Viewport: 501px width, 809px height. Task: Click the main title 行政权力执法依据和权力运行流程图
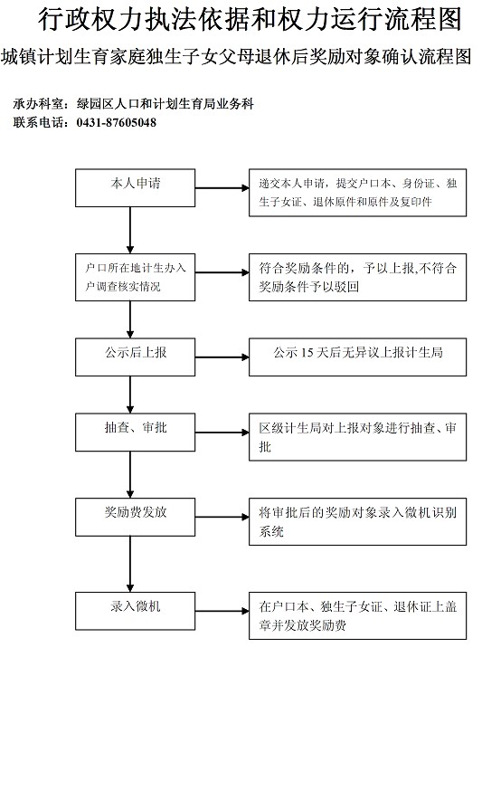tap(250, 20)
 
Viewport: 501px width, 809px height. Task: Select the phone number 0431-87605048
tap(117, 123)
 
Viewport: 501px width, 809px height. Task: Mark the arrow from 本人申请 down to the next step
tap(130, 230)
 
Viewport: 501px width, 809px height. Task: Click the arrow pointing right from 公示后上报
tap(222, 357)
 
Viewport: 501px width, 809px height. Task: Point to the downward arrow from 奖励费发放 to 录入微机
tap(130, 564)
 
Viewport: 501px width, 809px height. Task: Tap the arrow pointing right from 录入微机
tap(222, 611)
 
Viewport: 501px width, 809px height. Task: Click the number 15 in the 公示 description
tap(307, 353)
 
